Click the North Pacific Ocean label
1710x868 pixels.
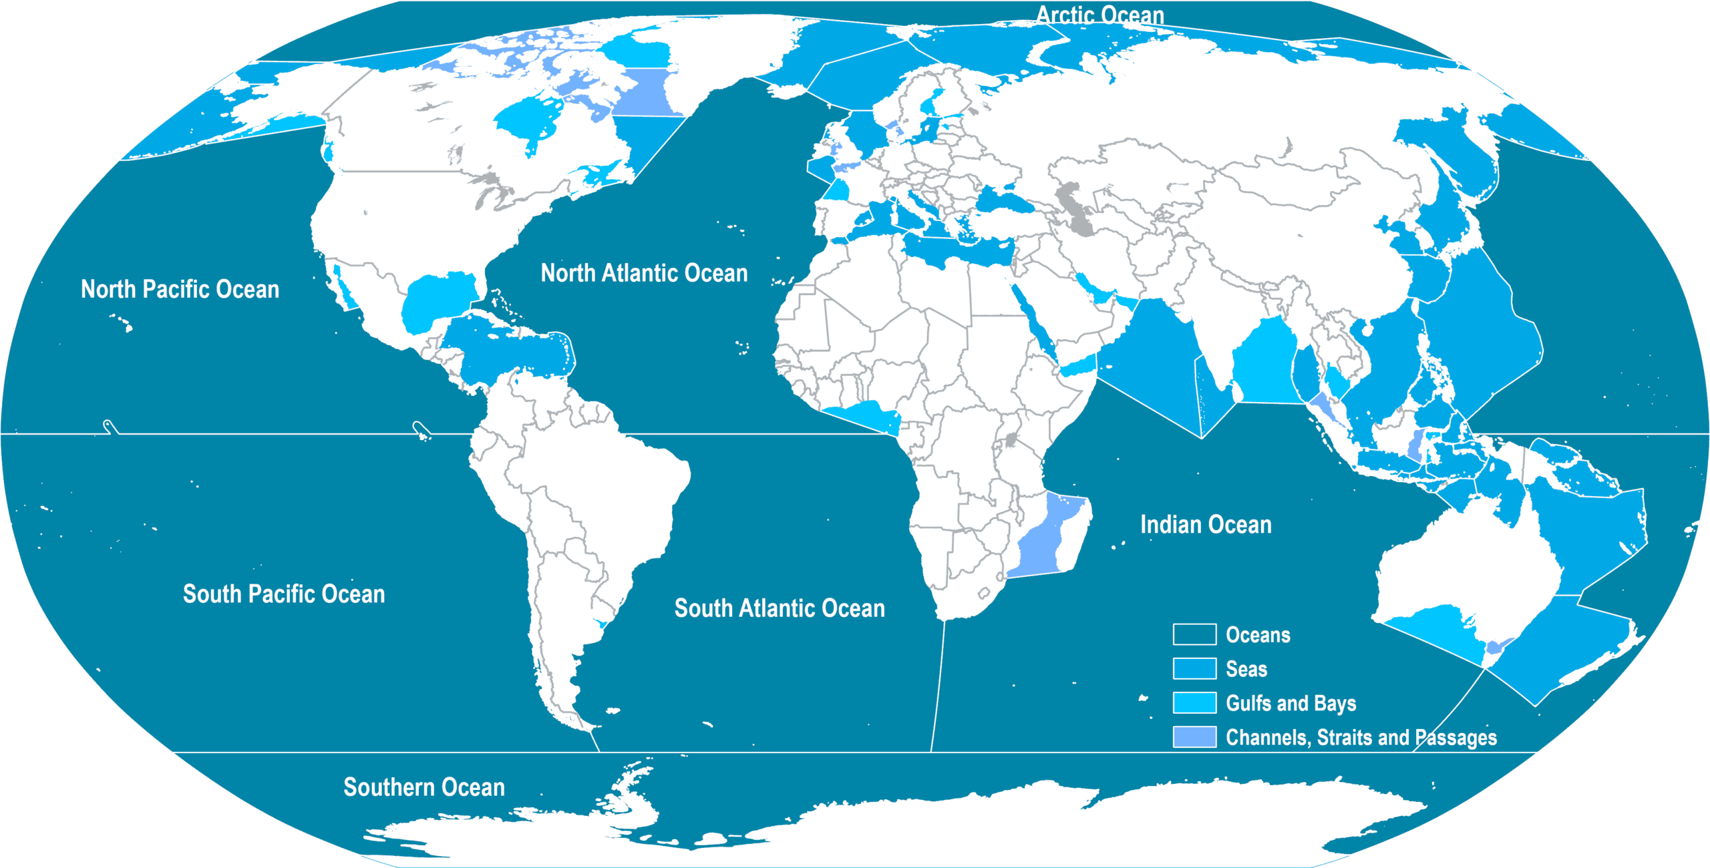click(180, 289)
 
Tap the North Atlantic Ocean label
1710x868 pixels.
click(644, 273)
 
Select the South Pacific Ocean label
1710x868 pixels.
click(284, 594)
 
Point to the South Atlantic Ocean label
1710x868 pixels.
click(780, 608)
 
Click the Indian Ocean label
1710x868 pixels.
click(1206, 525)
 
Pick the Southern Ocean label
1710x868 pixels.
click(424, 787)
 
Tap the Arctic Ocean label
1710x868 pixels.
click(1099, 15)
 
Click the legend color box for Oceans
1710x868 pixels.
click(1194, 634)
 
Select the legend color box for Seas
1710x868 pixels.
click(1194, 668)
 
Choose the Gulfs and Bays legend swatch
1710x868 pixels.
click(1194, 703)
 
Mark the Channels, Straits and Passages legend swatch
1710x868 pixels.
click(1194, 737)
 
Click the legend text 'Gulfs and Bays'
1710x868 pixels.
click(1291, 703)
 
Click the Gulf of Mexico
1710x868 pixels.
click(438, 300)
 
